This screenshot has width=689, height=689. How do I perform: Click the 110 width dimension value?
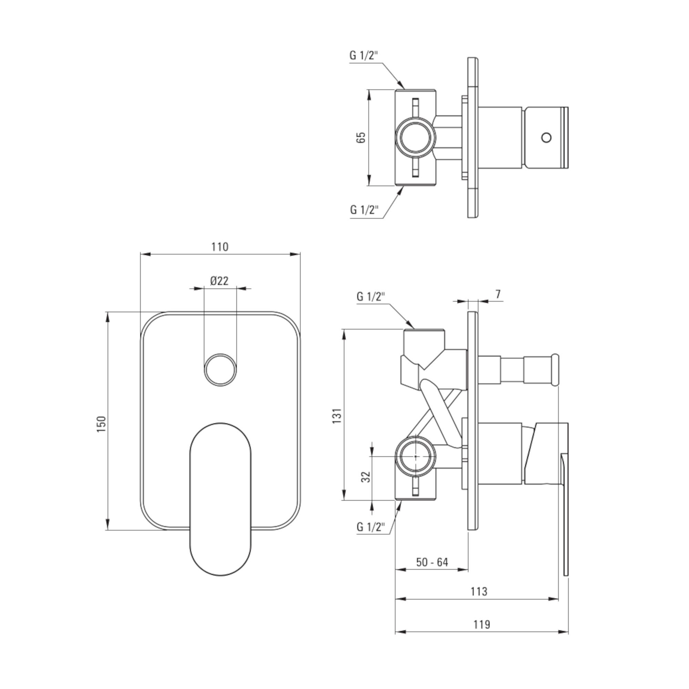220,247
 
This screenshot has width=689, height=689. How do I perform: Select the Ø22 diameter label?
219,281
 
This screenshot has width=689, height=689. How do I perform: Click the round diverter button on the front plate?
220,369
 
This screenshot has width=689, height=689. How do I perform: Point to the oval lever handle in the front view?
220,499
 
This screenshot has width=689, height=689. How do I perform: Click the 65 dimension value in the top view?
361,137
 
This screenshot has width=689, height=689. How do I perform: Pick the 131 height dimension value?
337,415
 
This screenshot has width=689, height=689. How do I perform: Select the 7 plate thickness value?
498,294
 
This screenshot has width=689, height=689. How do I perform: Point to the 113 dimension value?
479,591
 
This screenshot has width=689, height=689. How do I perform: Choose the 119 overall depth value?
482,625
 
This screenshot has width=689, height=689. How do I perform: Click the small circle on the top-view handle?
546,137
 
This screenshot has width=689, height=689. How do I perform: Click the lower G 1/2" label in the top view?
364,210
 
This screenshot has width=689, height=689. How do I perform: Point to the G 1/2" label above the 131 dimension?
371,297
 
